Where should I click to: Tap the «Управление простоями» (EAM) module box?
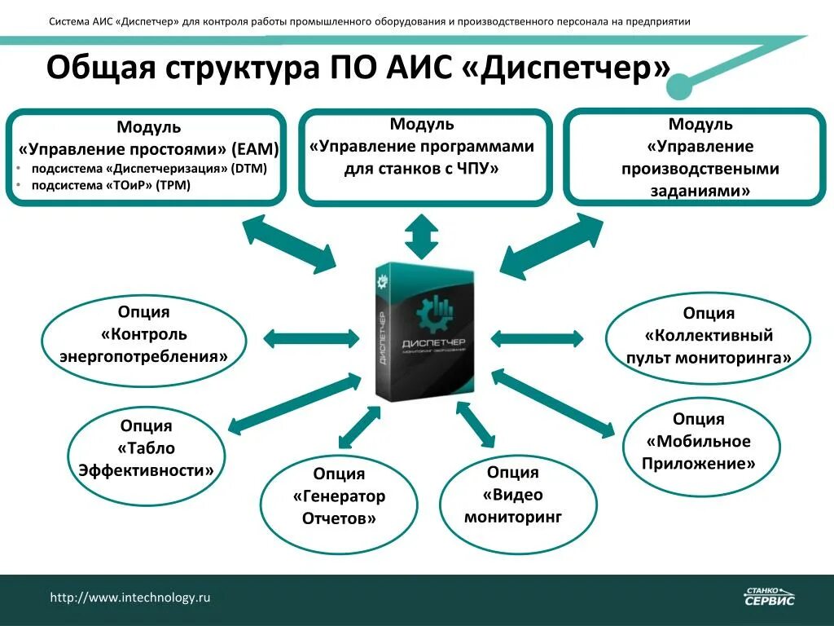pos(147,156)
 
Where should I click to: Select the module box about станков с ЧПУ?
pos(425,156)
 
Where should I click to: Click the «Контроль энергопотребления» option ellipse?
pos(144,335)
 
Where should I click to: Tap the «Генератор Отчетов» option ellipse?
pos(339,496)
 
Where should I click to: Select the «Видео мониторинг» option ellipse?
pos(513,495)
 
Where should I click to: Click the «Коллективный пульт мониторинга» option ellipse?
pos(707,336)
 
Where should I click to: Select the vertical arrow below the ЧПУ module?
pos(422,237)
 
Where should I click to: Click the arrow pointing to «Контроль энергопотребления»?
pos(311,337)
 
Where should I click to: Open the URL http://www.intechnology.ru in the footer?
pos(130,597)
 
